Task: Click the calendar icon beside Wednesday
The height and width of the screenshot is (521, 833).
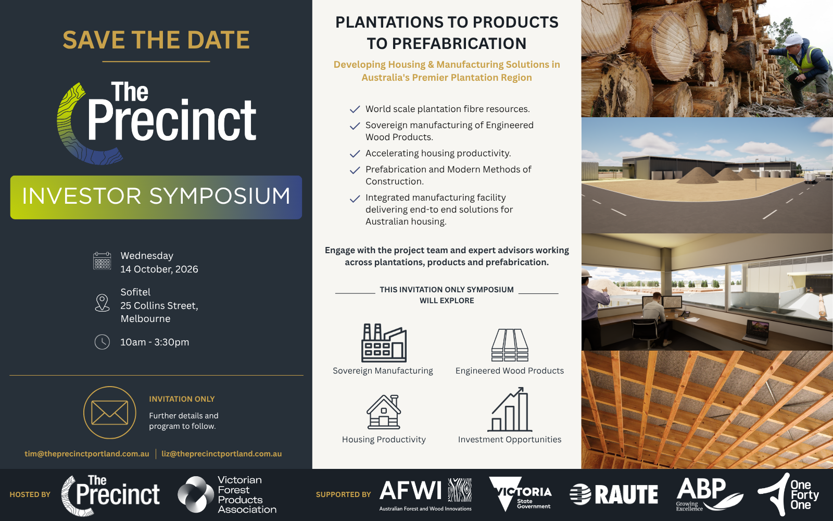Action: pyautogui.click(x=102, y=261)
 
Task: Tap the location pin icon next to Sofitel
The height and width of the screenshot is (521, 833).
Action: pyautogui.click(x=102, y=303)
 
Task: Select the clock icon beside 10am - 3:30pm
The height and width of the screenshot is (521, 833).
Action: pyautogui.click(x=102, y=342)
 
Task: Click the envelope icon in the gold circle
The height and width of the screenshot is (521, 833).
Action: pyautogui.click(x=110, y=412)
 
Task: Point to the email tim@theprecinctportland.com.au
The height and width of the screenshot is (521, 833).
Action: pyautogui.click(x=86, y=454)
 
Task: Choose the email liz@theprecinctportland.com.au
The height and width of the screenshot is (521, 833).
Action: pyautogui.click(x=222, y=454)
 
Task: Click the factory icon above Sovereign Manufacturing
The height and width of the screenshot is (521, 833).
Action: pyautogui.click(x=384, y=343)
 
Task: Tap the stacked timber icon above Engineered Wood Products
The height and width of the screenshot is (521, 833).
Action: pyautogui.click(x=510, y=345)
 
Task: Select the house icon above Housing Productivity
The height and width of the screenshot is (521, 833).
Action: pyautogui.click(x=384, y=412)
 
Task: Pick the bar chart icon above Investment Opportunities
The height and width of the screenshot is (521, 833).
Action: pyautogui.click(x=510, y=410)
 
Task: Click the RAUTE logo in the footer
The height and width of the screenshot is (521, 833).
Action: pyautogui.click(x=614, y=494)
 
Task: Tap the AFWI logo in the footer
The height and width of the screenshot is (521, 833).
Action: pyautogui.click(x=425, y=494)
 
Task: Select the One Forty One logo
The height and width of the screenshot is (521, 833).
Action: pyautogui.click(x=789, y=494)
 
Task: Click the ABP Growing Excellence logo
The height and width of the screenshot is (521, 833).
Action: pyautogui.click(x=710, y=494)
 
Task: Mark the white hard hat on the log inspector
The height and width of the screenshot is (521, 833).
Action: pyautogui.click(x=793, y=40)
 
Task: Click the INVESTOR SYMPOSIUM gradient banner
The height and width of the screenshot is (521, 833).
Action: pyautogui.click(x=156, y=197)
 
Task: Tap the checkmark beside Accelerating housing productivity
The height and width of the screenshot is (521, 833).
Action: pyautogui.click(x=355, y=153)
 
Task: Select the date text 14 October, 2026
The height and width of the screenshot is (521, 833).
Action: pyautogui.click(x=159, y=269)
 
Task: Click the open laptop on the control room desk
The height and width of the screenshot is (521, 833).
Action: pyautogui.click(x=755, y=332)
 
